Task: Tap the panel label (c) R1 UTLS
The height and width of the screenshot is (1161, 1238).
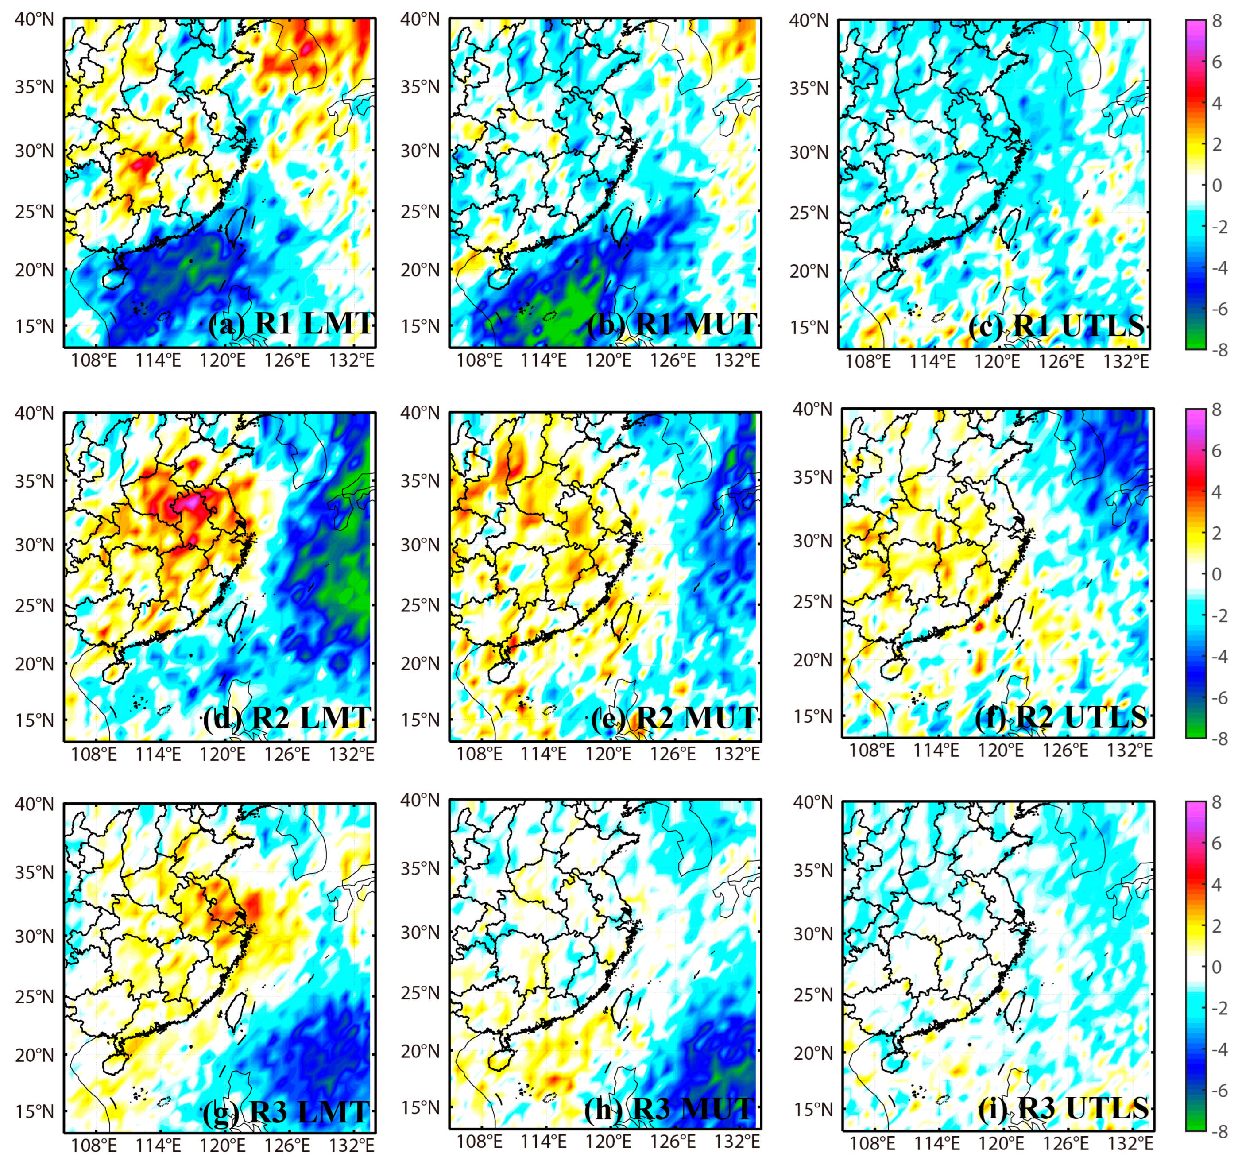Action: click(x=1057, y=326)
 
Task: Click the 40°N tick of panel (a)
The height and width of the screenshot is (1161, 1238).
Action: click(x=35, y=20)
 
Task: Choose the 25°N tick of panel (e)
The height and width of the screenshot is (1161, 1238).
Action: click(x=420, y=605)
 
